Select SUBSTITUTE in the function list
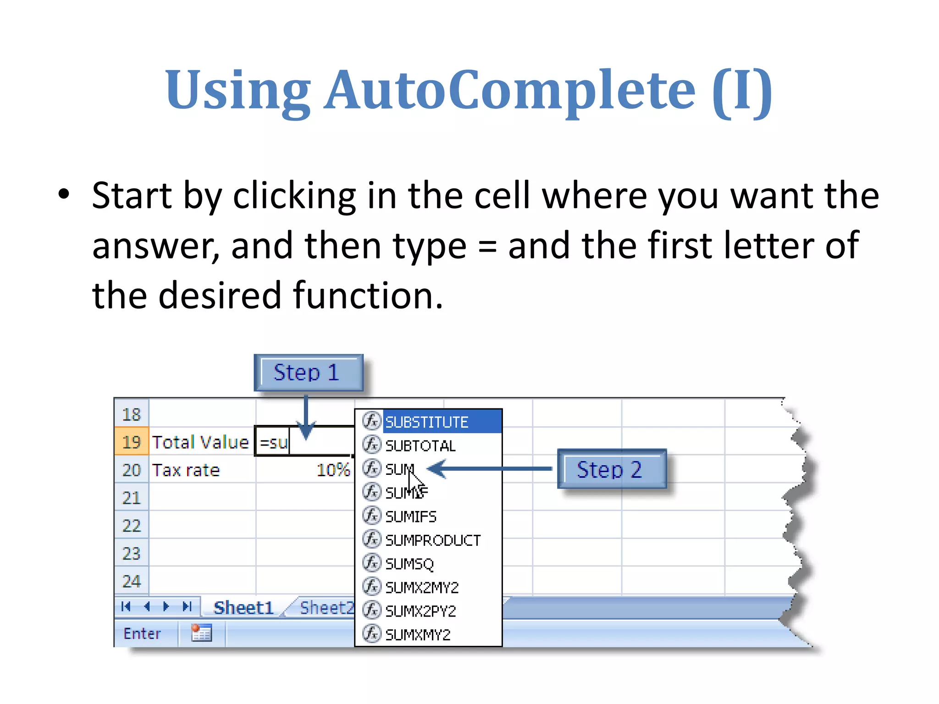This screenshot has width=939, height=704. [427, 422]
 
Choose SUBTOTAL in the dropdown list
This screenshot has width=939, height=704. [420, 445]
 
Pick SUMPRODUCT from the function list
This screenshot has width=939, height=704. [433, 540]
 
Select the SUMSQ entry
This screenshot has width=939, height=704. [409, 564]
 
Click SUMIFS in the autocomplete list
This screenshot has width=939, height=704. [411, 517]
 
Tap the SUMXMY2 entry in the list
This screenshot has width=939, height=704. [418, 635]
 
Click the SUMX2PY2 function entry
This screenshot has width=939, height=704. [420, 611]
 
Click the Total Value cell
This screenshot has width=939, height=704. [201, 442]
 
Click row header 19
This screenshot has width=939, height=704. [131, 442]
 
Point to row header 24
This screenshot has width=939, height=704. [131, 581]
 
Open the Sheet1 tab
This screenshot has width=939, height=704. [243, 608]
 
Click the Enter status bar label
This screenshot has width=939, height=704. [142, 633]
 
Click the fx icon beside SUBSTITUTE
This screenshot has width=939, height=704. [371, 420]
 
